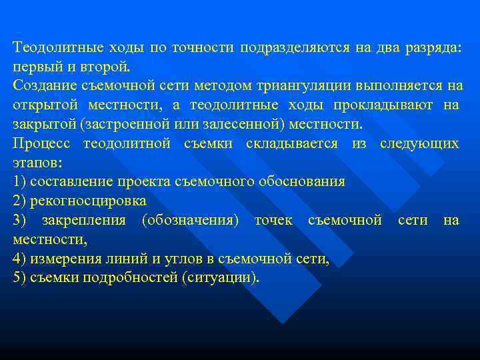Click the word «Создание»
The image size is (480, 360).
pos(43,86)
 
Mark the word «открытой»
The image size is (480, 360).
pos(45,105)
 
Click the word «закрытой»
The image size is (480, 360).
pos(44,125)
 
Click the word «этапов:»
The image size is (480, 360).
pos(37,163)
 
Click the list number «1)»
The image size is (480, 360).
pos(20,181)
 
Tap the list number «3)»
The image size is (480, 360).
pos(20,220)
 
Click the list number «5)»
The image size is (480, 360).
pos(20,277)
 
